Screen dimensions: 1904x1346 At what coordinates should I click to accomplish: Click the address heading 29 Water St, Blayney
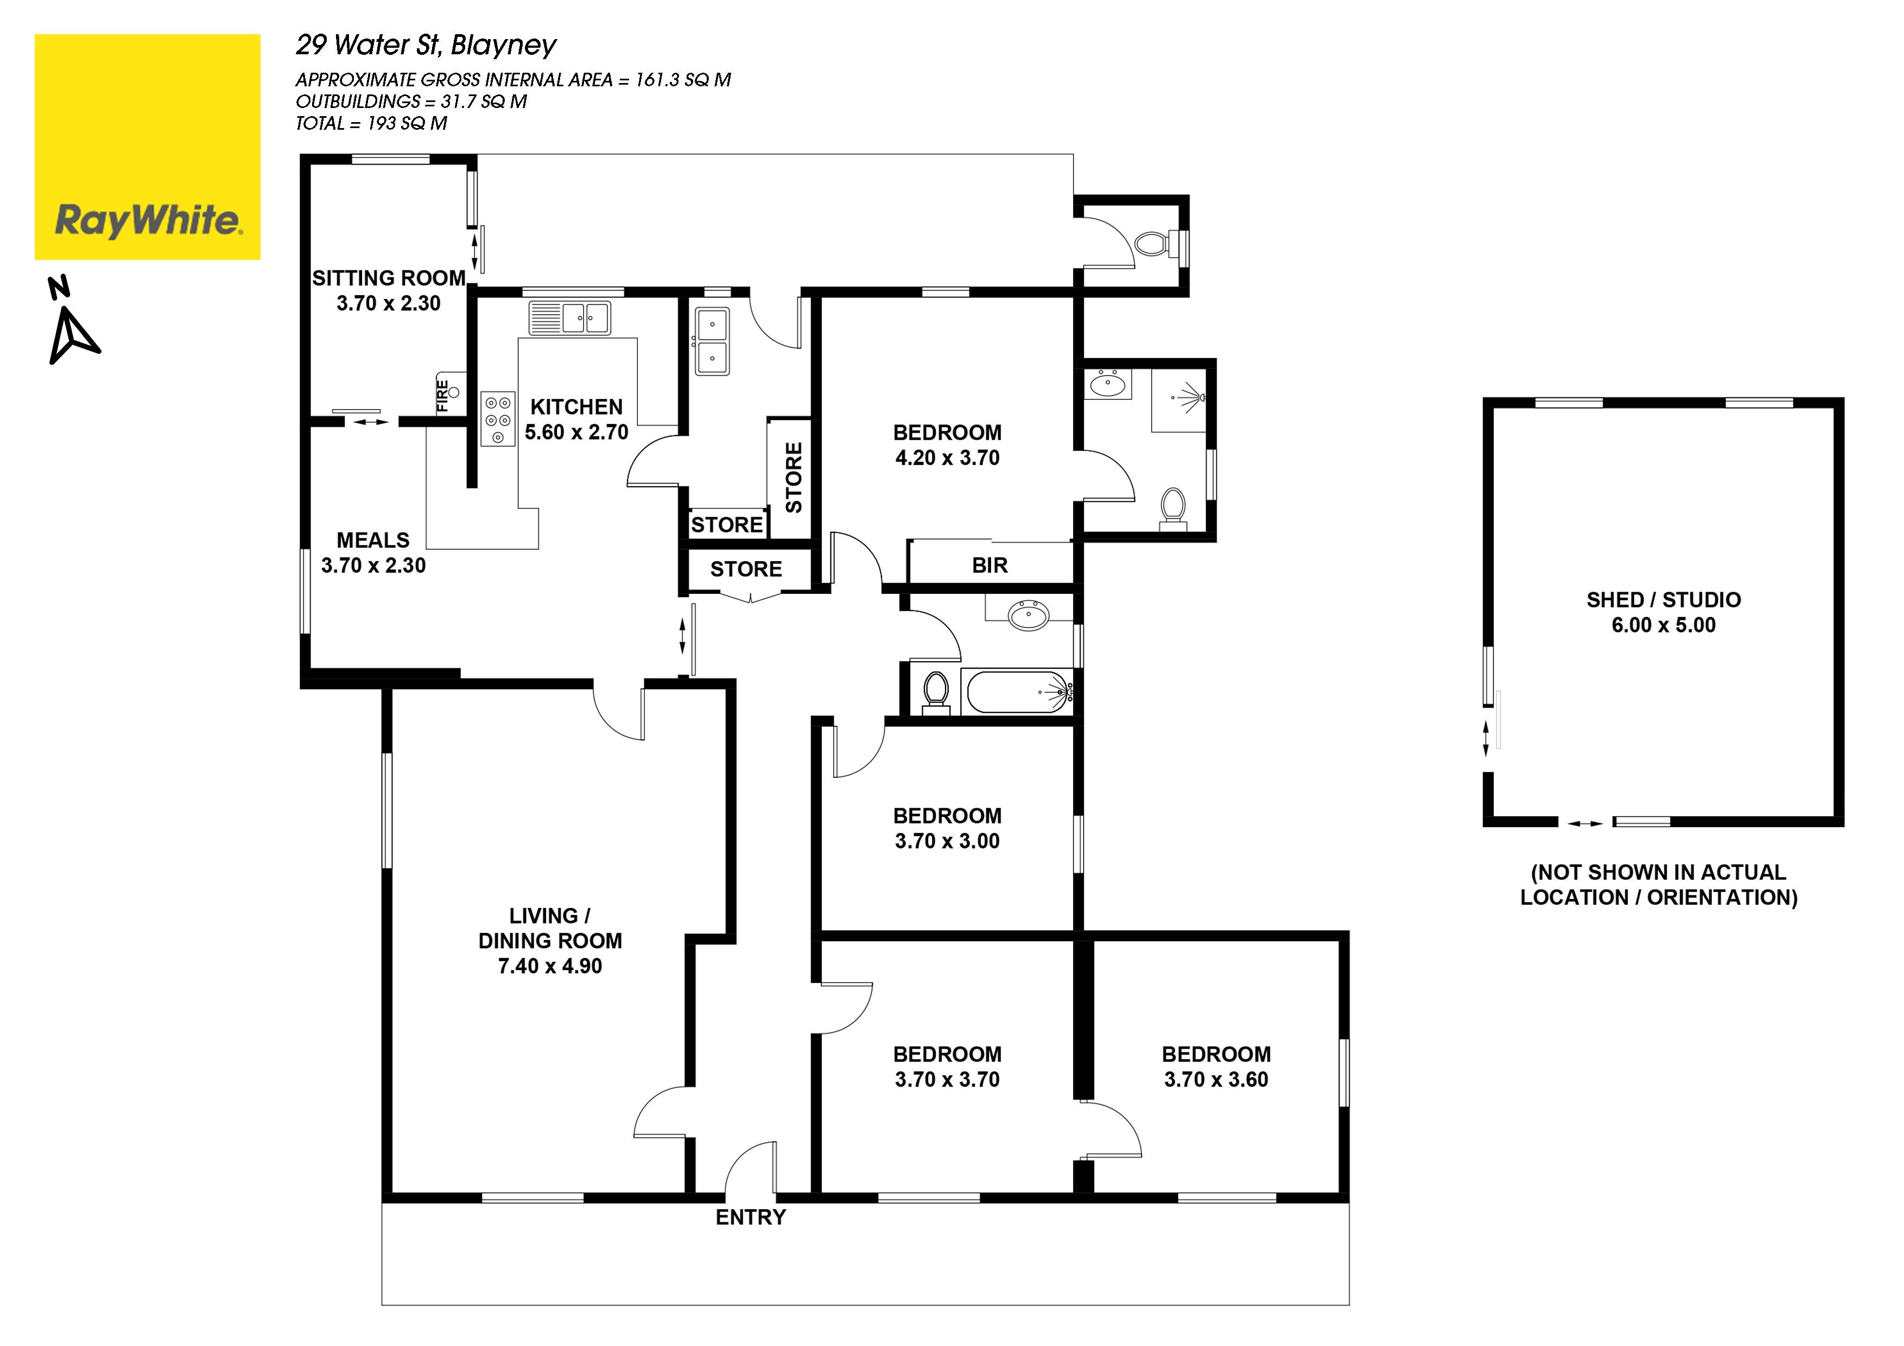click(426, 46)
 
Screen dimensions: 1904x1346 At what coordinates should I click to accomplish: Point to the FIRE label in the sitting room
click(443, 396)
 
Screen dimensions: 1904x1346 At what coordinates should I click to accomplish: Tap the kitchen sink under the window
click(570, 318)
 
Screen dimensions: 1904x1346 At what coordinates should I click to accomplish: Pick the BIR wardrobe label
click(989, 566)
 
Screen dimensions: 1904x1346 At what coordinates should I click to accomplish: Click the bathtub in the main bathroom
click(1018, 691)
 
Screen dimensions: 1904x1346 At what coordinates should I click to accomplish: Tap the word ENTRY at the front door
click(751, 1217)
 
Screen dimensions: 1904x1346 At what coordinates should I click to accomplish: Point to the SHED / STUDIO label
click(1664, 600)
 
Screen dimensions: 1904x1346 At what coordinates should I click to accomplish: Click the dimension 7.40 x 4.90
click(550, 966)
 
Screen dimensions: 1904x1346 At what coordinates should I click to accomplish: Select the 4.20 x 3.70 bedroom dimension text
click(947, 458)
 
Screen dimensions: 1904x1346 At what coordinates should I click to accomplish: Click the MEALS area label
click(373, 540)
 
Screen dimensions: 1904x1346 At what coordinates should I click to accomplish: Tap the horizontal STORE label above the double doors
click(746, 569)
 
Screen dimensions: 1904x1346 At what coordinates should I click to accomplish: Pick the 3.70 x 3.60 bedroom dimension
click(1216, 1080)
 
